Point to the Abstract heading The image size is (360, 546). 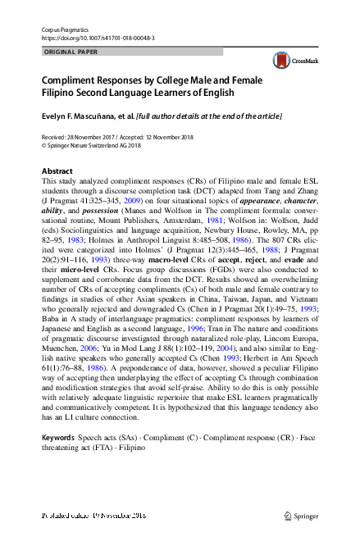click(57, 171)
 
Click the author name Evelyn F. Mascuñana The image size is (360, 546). click(81, 117)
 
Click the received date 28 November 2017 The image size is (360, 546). click(93, 136)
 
